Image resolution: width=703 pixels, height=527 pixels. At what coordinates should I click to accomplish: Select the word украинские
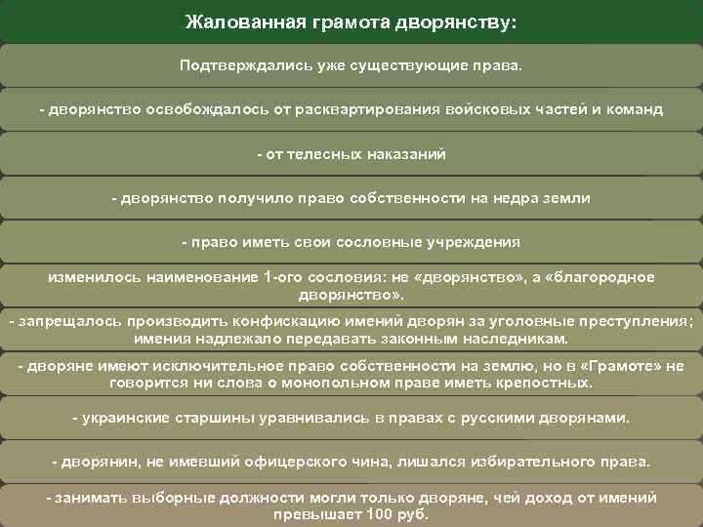(124, 418)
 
